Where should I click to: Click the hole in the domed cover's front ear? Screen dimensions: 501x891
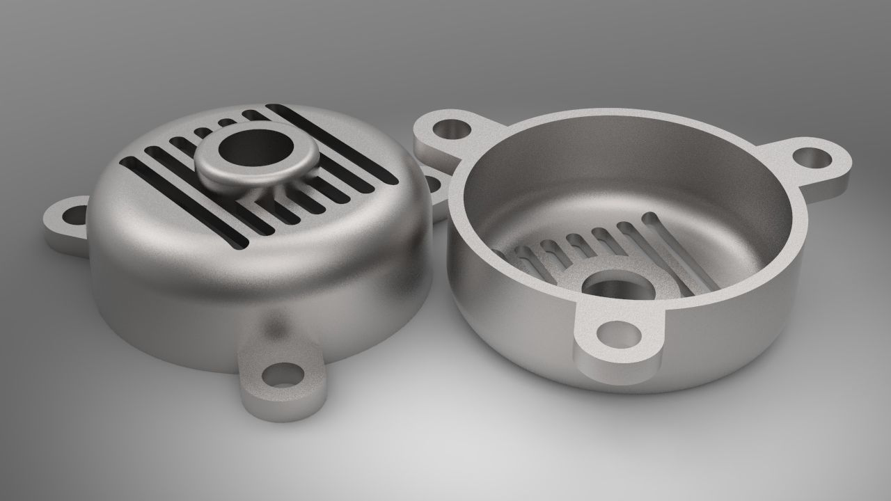282,375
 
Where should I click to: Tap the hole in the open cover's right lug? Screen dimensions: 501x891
813,156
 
